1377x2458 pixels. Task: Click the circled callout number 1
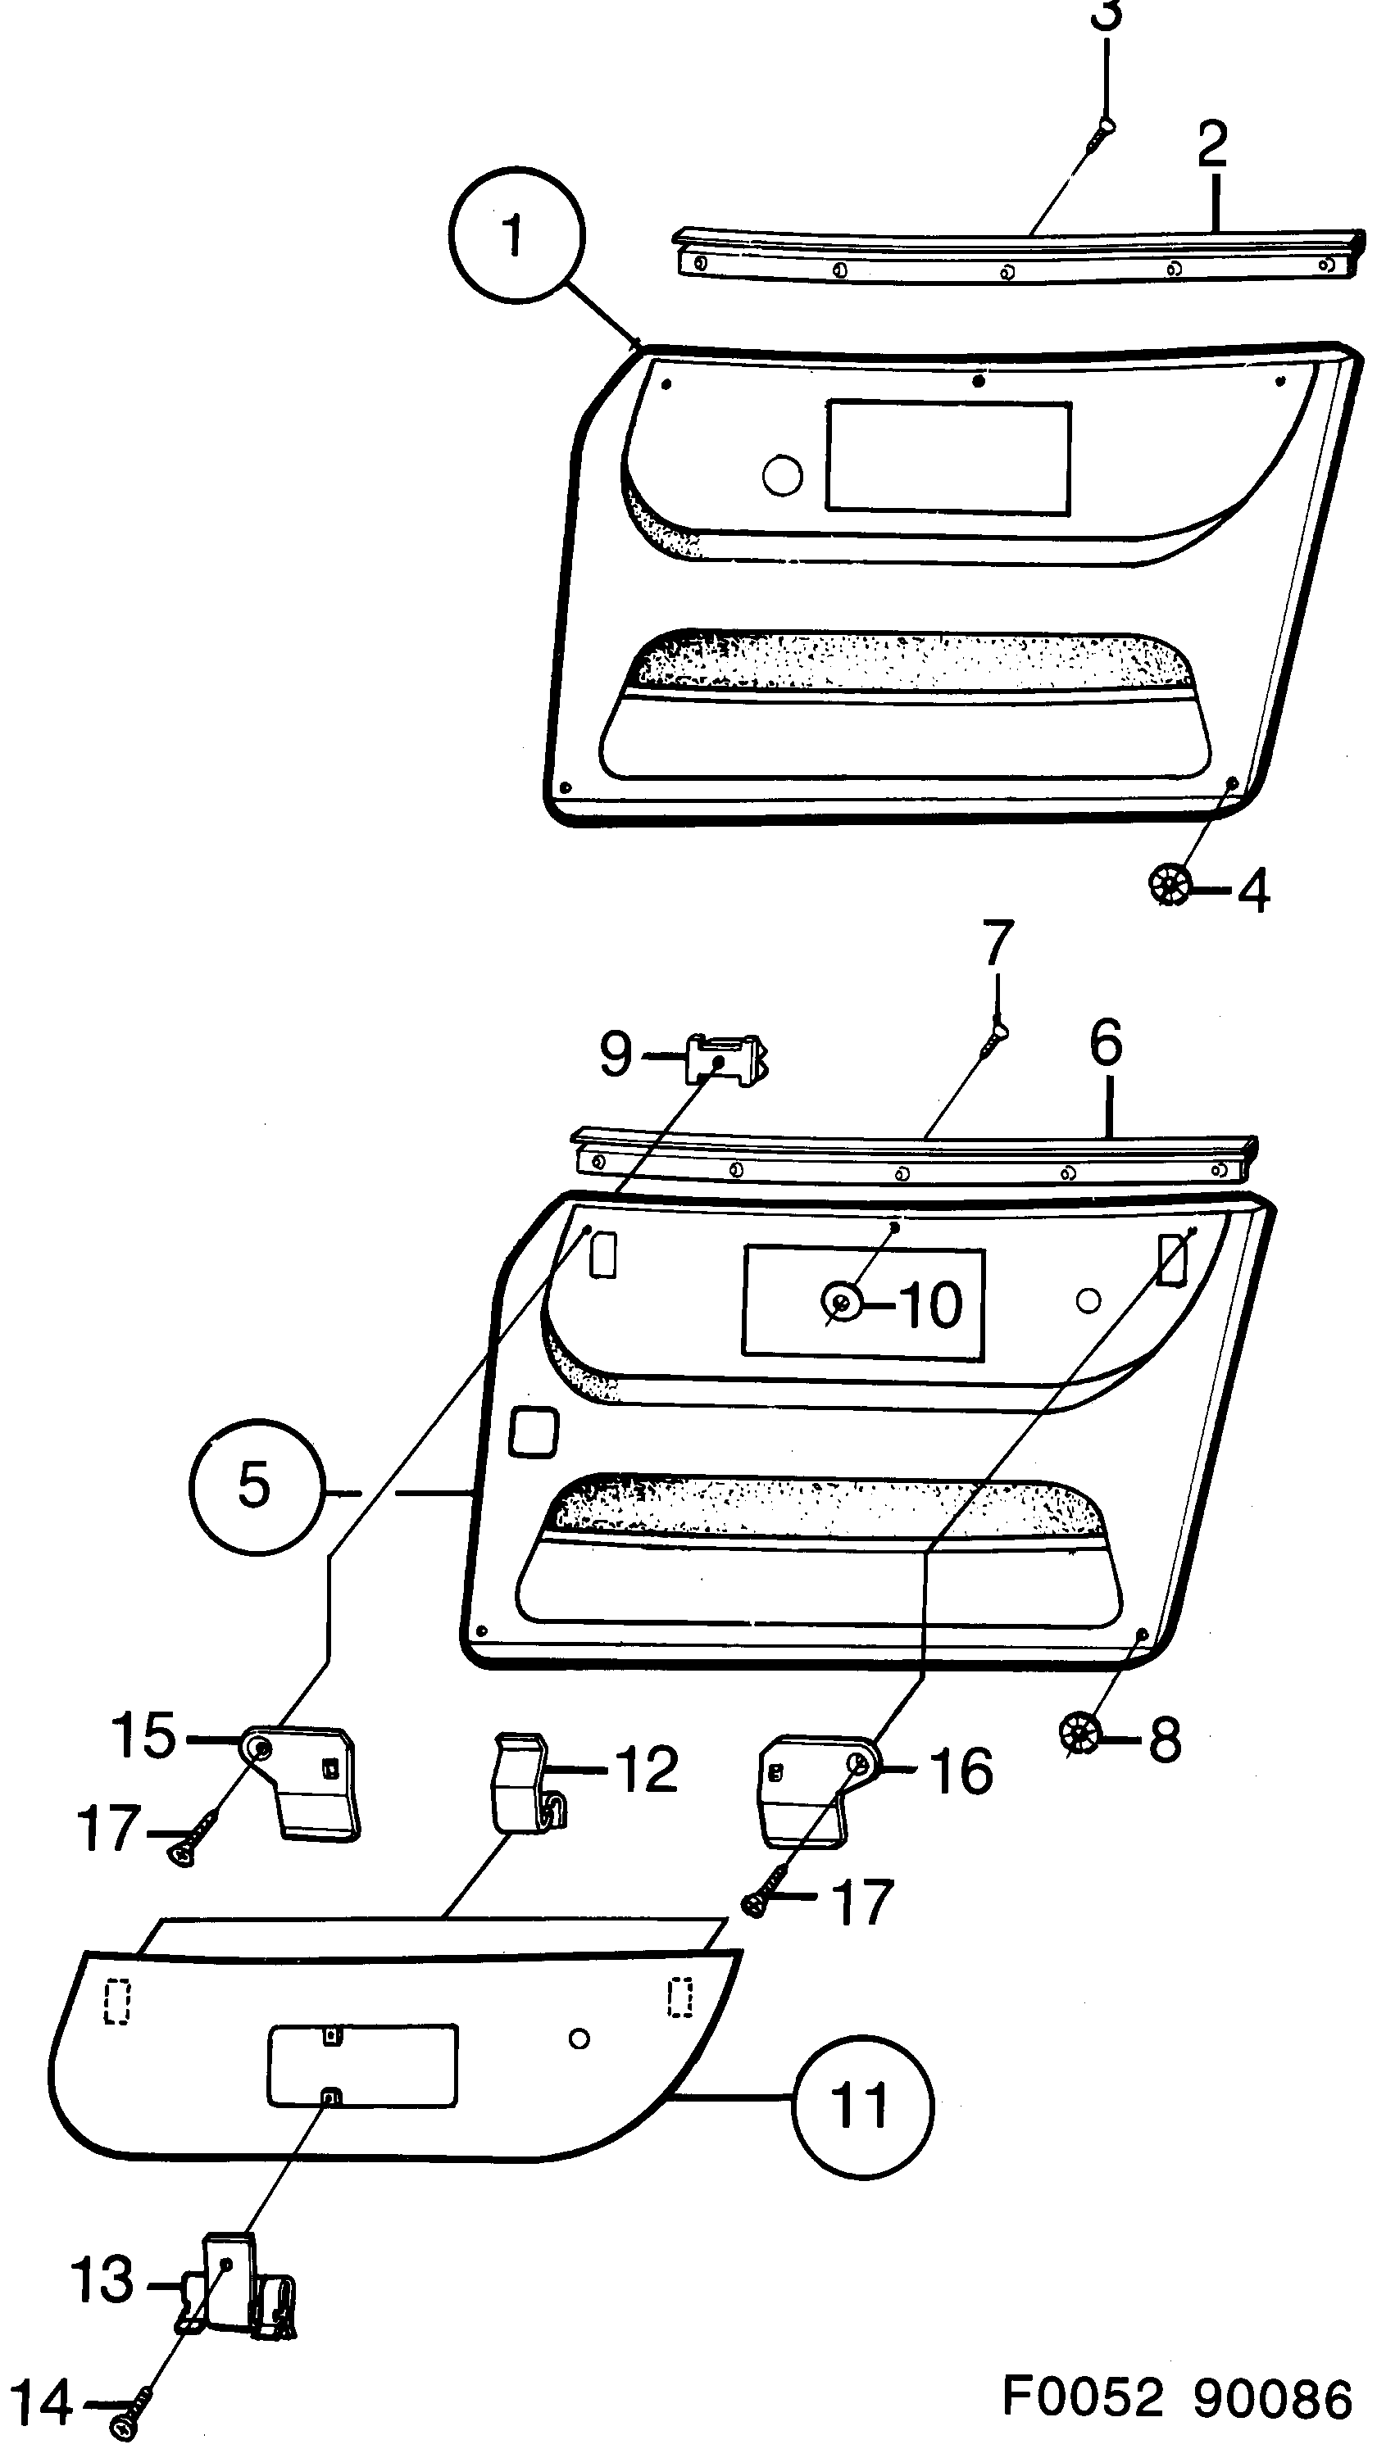(515, 234)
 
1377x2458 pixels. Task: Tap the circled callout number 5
(254, 1485)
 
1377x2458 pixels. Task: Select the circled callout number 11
(861, 2106)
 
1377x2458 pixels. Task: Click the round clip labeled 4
(1169, 887)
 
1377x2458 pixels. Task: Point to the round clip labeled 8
(1081, 1732)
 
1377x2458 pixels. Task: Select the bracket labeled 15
(306, 1781)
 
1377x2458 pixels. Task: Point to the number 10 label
(931, 1304)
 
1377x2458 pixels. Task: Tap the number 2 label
(1213, 143)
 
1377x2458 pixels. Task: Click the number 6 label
(1106, 1045)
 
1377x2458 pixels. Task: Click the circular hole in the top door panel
(783, 474)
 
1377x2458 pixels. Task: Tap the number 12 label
(646, 1768)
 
